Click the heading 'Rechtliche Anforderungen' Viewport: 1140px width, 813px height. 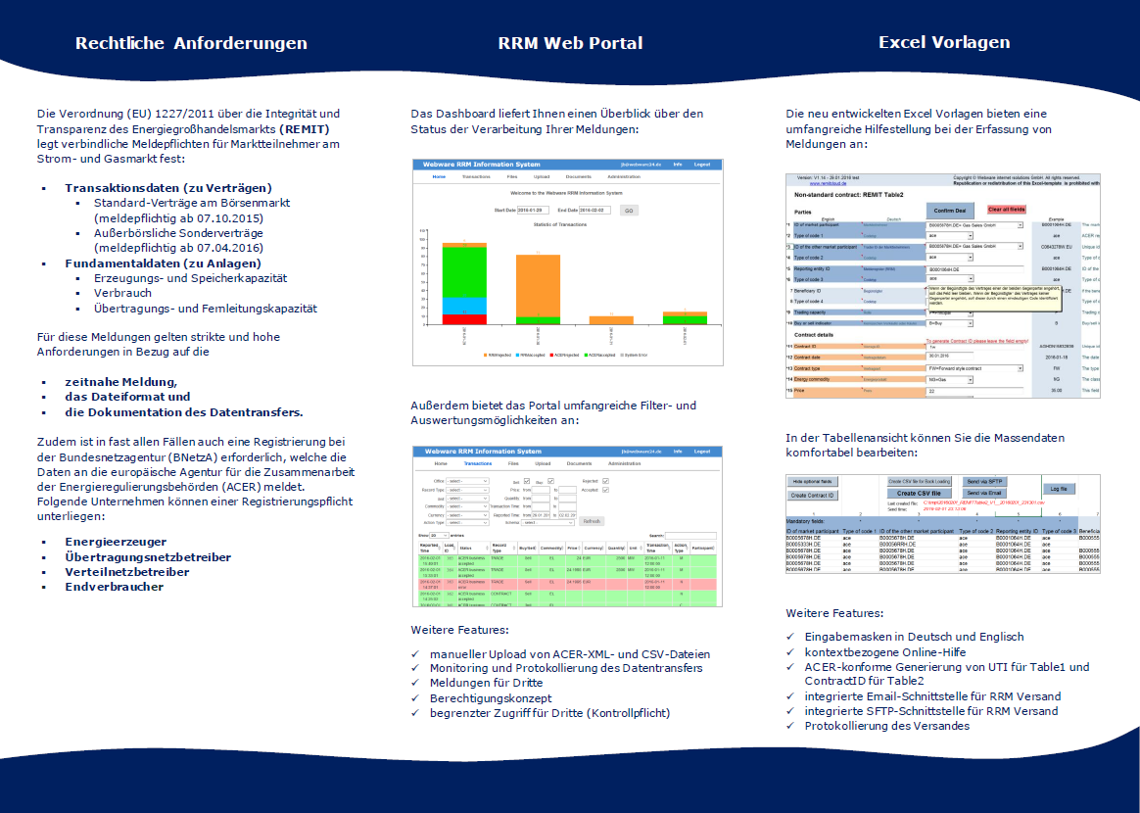[x=191, y=43]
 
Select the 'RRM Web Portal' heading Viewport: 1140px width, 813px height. [x=570, y=43]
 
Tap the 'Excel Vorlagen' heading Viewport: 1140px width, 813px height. [x=944, y=42]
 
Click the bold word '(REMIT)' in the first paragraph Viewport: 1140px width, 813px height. [x=304, y=128]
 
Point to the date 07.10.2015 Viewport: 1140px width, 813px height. [x=228, y=217]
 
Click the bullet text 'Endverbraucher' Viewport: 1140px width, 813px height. [x=115, y=587]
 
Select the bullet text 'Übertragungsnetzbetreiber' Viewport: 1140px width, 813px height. [x=148, y=556]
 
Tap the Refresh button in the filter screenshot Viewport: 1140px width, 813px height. [x=592, y=521]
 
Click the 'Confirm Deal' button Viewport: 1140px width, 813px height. [x=948, y=210]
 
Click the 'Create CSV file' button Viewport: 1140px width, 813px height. [x=919, y=493]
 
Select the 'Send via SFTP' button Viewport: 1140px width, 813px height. [x=985, y=481]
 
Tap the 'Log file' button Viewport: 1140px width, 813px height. [x=1059, y=488]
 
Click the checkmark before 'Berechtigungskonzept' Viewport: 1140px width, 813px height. [x=417, y=698]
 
